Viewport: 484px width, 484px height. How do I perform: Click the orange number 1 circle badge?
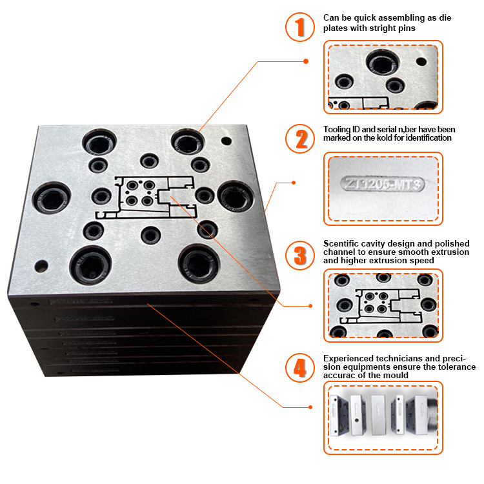coord(299,27)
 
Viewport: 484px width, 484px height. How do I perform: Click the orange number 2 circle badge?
coord(299,138)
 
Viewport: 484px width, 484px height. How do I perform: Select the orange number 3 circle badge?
coord(299,254)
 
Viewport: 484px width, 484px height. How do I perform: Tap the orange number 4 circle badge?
coord(299,367)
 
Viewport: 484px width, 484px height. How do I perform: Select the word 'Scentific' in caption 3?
coord(341,243)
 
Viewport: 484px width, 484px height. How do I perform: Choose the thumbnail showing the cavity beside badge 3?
coord(385,305)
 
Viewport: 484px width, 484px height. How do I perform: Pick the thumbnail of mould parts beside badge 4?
coord(385,417)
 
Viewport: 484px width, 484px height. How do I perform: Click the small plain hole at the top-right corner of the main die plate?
coord(227,139)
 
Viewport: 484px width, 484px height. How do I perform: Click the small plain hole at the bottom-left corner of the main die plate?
coord(42,265)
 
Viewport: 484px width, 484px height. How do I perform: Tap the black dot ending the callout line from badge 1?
coord(305,61)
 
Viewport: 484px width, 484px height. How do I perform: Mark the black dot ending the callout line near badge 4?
coord(310,407)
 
